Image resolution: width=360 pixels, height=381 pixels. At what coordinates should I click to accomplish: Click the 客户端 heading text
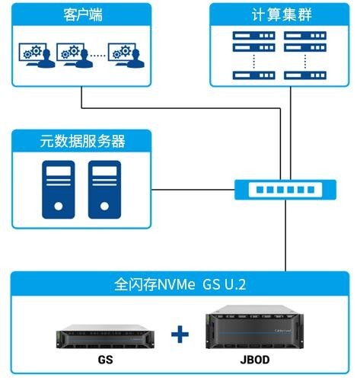click(83, 14)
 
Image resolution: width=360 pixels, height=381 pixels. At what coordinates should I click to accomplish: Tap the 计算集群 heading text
click(282, 14)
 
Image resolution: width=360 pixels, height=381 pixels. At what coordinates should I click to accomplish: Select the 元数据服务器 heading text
click(82, 141)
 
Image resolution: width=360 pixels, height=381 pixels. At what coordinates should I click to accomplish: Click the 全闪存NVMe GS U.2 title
click(180, 284)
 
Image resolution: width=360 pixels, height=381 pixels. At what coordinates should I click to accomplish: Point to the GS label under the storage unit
click(105, 360)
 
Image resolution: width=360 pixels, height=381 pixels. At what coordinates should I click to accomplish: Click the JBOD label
click(255, 360)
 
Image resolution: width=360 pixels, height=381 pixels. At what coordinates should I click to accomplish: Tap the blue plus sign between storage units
click(180, 334)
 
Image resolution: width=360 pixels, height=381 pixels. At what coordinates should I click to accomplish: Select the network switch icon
click(285, 190)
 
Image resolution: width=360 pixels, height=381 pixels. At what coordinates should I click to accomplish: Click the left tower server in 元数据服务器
click(59, 190)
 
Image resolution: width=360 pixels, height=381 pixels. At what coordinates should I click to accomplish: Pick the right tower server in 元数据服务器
click(104, 190)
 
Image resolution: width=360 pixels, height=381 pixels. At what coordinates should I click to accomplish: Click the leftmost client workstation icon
click(37, 55)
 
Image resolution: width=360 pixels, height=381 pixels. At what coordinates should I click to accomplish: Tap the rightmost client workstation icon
click(126, 55)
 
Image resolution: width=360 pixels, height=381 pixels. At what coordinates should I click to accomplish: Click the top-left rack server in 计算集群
click(253, 36)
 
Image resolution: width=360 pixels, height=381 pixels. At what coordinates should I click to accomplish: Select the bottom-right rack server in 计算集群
click(305, 75)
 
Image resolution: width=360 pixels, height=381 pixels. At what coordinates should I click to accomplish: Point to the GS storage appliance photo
click(105, 336)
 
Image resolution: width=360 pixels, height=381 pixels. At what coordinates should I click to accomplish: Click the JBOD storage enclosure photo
click(255, 327)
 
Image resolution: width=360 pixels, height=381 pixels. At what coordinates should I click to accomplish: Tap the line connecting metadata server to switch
click(193, 190)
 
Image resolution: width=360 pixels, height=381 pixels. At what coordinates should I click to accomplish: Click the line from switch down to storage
click(285, 235)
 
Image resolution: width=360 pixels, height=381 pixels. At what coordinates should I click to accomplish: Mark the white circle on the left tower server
click(59, 206)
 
